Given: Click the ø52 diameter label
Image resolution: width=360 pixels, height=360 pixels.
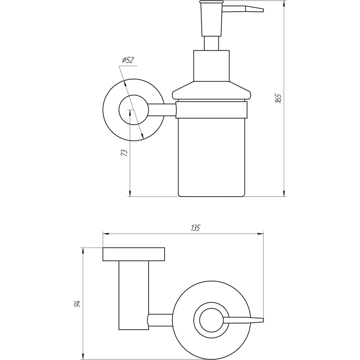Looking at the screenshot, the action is point(128,60).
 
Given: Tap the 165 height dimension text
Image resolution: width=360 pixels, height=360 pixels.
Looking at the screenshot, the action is point(278,98).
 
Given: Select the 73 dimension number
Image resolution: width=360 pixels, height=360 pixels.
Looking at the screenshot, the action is point(124,153).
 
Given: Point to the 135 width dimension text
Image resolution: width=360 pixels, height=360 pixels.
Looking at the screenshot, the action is point(195,228).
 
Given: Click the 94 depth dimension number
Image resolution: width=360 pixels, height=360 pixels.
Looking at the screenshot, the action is point(77,304).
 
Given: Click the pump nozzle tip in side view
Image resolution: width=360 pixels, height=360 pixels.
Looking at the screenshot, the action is point(255,9).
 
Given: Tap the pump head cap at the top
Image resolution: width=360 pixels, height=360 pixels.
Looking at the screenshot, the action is point(211,2).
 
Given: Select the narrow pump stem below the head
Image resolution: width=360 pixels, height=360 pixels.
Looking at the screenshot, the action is point(211,43).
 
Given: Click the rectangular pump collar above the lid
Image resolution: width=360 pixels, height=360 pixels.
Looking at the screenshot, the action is point(211,66).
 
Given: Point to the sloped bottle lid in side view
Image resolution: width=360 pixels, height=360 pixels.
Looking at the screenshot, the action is point(211,91).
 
